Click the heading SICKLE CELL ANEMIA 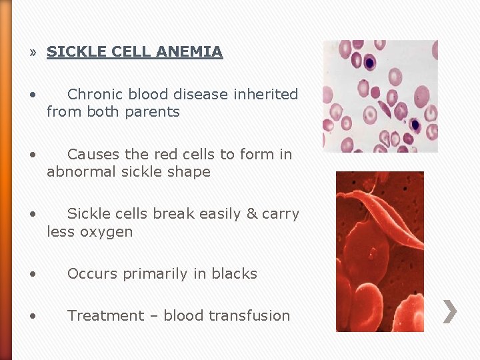click(134, 51)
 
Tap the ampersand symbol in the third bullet click(251, 214)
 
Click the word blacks click(234, 274)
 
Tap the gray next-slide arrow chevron click(450, 311)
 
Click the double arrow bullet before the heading click(33, 52)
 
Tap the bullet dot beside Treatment click(33, 316)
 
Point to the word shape click(191, 172)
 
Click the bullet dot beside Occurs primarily click(33, 274)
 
